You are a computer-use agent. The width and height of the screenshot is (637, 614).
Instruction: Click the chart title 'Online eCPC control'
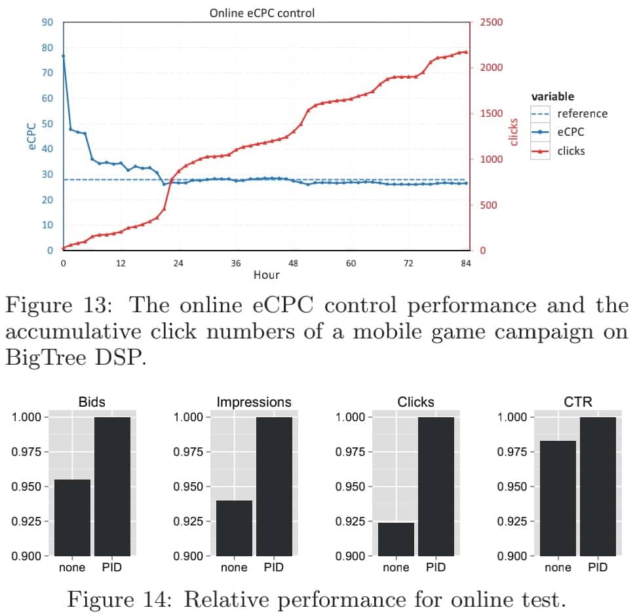point(261,12)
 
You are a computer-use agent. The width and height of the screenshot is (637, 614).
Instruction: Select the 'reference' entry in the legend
point(582,113)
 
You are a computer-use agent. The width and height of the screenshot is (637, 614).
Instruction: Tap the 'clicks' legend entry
point(571,151)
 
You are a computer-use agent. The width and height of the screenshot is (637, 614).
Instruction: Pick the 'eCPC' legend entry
point(571,132)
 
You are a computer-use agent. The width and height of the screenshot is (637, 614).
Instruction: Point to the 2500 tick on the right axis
point(491,22)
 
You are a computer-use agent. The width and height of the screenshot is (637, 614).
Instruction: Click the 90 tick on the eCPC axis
point(47,22)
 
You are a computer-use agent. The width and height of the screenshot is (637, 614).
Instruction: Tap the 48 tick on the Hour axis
point(293,264)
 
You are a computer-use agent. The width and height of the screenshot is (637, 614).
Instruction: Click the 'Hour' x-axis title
point(266,275)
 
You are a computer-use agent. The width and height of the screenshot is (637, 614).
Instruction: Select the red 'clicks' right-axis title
point(514,132)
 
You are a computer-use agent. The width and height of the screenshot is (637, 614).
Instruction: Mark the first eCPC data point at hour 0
point(64,56)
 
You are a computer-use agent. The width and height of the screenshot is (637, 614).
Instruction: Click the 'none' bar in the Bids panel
point(72,518)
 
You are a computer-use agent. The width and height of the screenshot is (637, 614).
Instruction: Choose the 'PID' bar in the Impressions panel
point(274,486)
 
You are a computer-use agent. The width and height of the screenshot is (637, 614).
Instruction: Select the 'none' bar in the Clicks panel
point(396,539)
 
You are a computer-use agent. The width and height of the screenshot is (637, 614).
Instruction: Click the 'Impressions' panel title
point(254,402)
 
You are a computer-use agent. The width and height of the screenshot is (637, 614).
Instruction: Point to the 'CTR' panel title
point(577,402)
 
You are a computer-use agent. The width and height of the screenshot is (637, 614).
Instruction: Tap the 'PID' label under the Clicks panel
point(436,567)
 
